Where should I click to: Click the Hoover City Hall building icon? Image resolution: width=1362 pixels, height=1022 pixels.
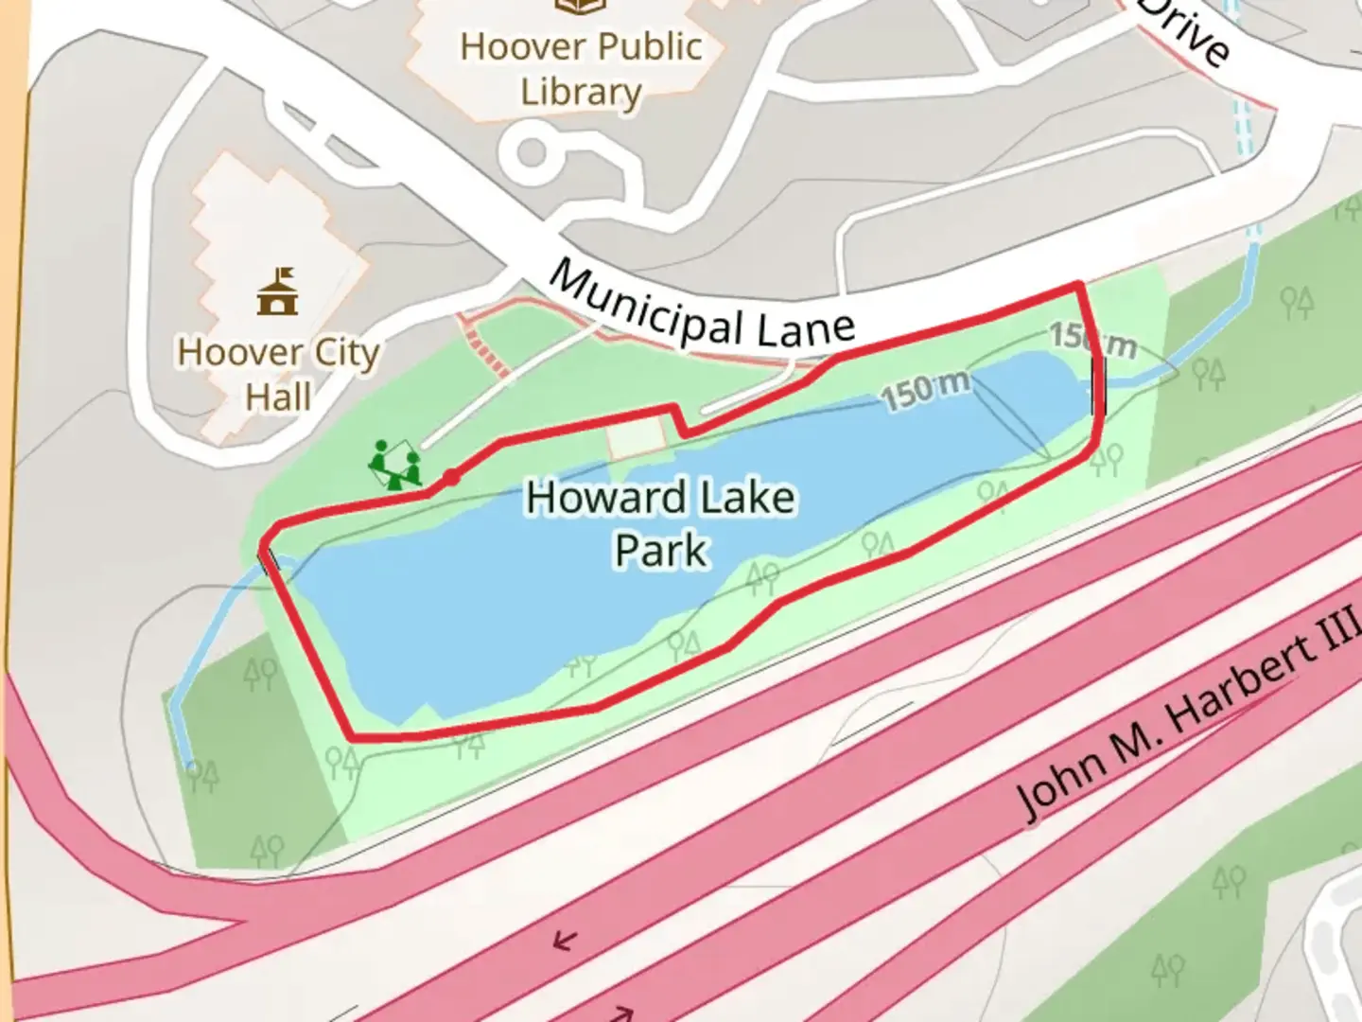(277, 291)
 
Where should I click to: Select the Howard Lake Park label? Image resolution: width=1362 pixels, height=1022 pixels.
(660, 523)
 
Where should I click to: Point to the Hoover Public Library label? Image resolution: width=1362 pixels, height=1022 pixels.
(581, 68)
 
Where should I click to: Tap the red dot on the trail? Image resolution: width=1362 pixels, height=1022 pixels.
(452, 478)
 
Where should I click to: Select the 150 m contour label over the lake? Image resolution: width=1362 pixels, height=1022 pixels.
(926, 389)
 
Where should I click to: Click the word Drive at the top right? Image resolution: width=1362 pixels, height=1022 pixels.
(1187, 31)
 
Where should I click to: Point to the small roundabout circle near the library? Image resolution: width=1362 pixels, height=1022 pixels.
(532, 151)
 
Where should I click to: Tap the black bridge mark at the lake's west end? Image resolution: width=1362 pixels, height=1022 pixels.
(270, 560)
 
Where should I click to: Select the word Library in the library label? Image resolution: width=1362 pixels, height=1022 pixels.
(581, 92)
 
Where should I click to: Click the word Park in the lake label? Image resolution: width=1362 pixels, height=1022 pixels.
(660, 550)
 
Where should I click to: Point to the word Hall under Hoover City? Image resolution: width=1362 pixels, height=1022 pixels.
(278, 396)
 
